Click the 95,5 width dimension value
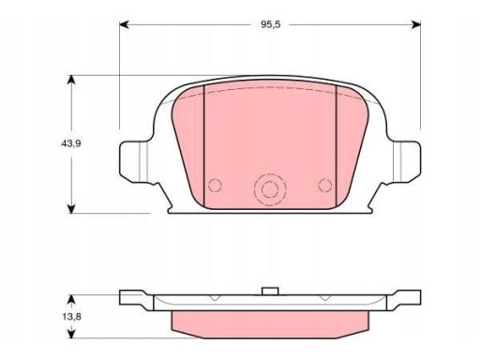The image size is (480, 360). click(271, 24)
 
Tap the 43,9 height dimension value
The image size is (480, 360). click(71, 143)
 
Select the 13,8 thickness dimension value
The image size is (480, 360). click(72, 317)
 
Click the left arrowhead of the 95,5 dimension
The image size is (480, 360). click(125, 24)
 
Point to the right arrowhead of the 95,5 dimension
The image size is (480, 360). click(416, 24)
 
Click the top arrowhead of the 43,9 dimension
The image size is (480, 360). click(71, 80)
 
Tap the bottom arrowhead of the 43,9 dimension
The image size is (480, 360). click(71, 209)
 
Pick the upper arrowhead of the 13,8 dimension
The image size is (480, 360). click(71, 300)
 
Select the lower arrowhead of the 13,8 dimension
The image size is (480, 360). click(71, 333)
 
